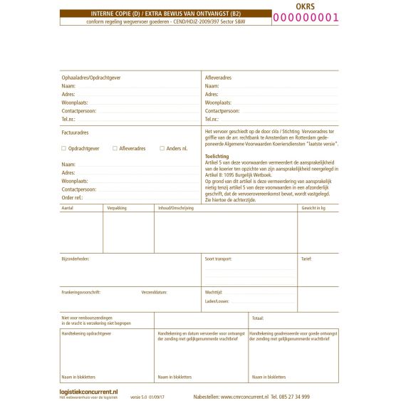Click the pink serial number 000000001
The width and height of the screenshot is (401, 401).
tap(306, 18)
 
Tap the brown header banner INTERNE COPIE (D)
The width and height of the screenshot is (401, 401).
tap(165, 14)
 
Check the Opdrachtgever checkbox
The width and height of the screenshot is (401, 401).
tap(63, 148)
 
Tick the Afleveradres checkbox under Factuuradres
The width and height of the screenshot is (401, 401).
tap(115, 148)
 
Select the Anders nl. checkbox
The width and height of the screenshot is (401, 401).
tap(161, 148)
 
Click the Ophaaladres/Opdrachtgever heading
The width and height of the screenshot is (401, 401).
tap(90, 76)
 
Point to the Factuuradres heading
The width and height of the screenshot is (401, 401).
tap(75, 132)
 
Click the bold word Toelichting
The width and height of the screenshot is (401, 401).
tap(217, 155)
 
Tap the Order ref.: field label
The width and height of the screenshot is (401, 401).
tap(73, 198)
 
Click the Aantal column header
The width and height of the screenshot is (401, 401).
tap(68, 208)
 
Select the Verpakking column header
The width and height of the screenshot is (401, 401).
tap(117, 208)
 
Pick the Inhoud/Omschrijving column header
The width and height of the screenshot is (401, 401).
tap(176, 208)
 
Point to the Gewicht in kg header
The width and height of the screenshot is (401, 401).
tap(313, 208)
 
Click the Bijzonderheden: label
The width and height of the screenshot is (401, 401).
tap(75, 259)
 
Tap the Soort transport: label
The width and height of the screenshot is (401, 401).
tap(219, 259)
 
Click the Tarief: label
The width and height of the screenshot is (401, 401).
tap(306, 259)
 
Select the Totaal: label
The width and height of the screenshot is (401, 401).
tap(258, 318)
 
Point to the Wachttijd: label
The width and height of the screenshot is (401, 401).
tap(214, 292)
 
